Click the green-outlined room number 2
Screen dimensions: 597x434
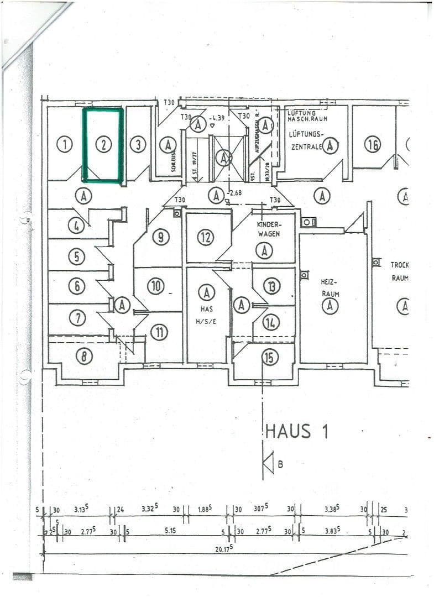pyautogui.click(x=103, y=145)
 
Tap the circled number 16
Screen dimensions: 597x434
pyautogui.click(x=373, y=145)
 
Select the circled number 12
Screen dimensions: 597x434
pyautogui.click(x=206, y=238)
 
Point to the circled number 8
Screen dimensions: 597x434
pyautogui.click(x=84, y=357)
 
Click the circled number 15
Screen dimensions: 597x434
pyautogui.click(x=269, y=358)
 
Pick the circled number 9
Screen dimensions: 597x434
pyautogui.click(x=160, y=237)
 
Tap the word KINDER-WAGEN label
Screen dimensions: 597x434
pyautogui.click(x=269, y=229)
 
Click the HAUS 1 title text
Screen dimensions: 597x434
pyautogui.click(x=297, y=431)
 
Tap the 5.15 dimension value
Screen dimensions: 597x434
pyautogui.click(x=171, y=531)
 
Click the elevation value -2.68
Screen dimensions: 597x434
pyautogui.click(x=237, y=193)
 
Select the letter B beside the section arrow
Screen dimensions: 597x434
pyautogui.click(x=280, y=464)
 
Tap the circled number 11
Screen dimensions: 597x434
pyautogui.click(x=160, y=332)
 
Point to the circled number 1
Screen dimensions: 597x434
pyautogui.click(x=65, y=145)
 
